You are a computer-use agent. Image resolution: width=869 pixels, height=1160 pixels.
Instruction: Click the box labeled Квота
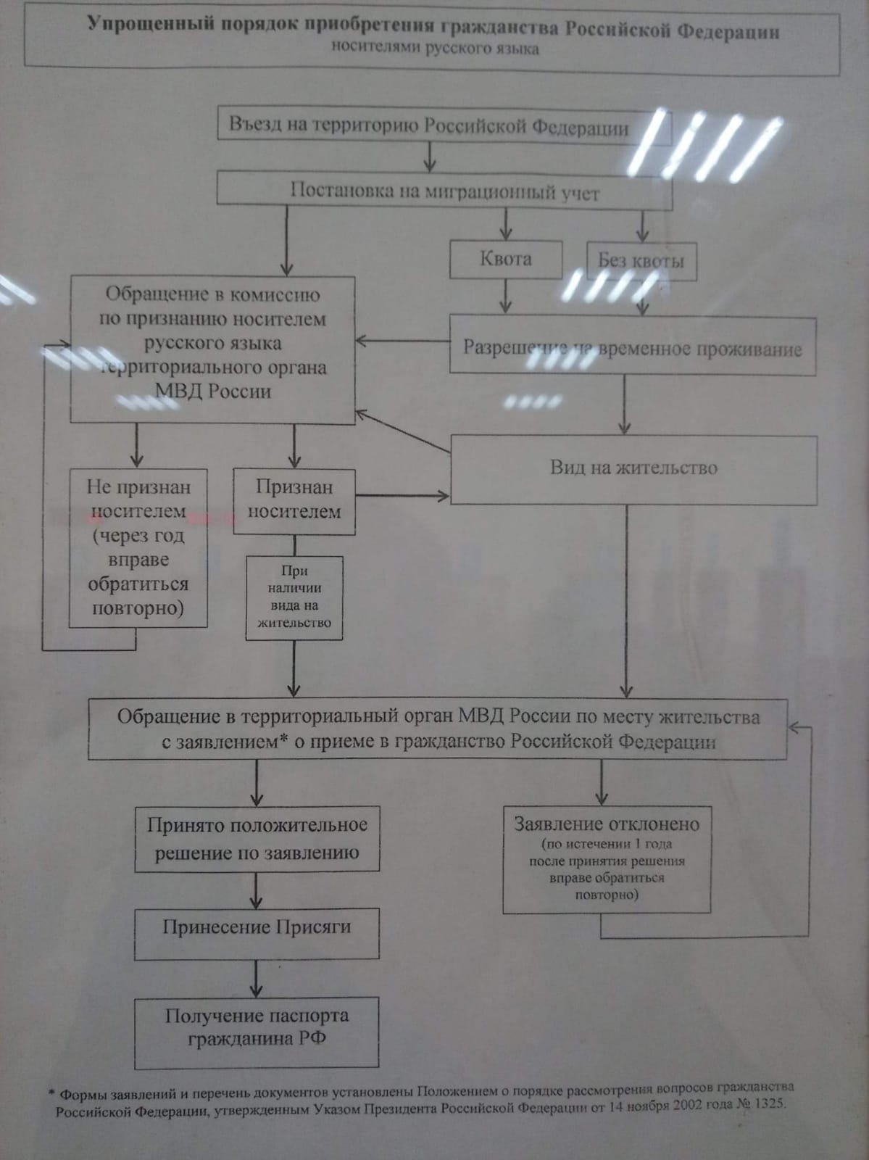coord(505,260)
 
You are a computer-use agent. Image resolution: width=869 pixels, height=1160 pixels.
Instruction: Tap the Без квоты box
coord(641,261)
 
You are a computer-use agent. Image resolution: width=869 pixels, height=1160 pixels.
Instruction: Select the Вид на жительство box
coord(633,468)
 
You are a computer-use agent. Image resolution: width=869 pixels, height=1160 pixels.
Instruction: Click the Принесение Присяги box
coord(257,929)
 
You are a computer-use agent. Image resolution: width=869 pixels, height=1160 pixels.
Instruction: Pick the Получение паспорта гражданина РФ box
coord(257,1028)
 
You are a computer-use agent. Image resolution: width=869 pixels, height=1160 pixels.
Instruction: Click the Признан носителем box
coord(294,500)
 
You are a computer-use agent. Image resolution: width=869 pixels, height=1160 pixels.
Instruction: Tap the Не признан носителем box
coord(138,547)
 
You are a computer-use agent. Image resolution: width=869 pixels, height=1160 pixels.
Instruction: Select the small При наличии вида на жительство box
coord(294,597)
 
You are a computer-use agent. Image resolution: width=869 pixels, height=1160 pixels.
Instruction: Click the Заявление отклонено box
coord(607,858)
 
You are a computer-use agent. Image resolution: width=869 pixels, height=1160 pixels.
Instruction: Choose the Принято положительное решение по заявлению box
coord(257,839)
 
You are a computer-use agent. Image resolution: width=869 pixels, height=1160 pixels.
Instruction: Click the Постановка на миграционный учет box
coord(444,191)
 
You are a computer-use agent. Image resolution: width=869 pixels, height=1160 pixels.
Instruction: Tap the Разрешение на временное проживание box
coord(633,349)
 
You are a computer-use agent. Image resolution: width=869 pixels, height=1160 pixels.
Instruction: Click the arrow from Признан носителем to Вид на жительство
coord(402,497)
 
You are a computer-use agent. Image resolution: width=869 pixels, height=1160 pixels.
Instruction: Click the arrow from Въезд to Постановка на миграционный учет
coord(430,156)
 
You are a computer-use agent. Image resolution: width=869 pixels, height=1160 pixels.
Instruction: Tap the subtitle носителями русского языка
coord(435,49)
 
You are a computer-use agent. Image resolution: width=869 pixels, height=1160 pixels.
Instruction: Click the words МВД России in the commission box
coord(212,391)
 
